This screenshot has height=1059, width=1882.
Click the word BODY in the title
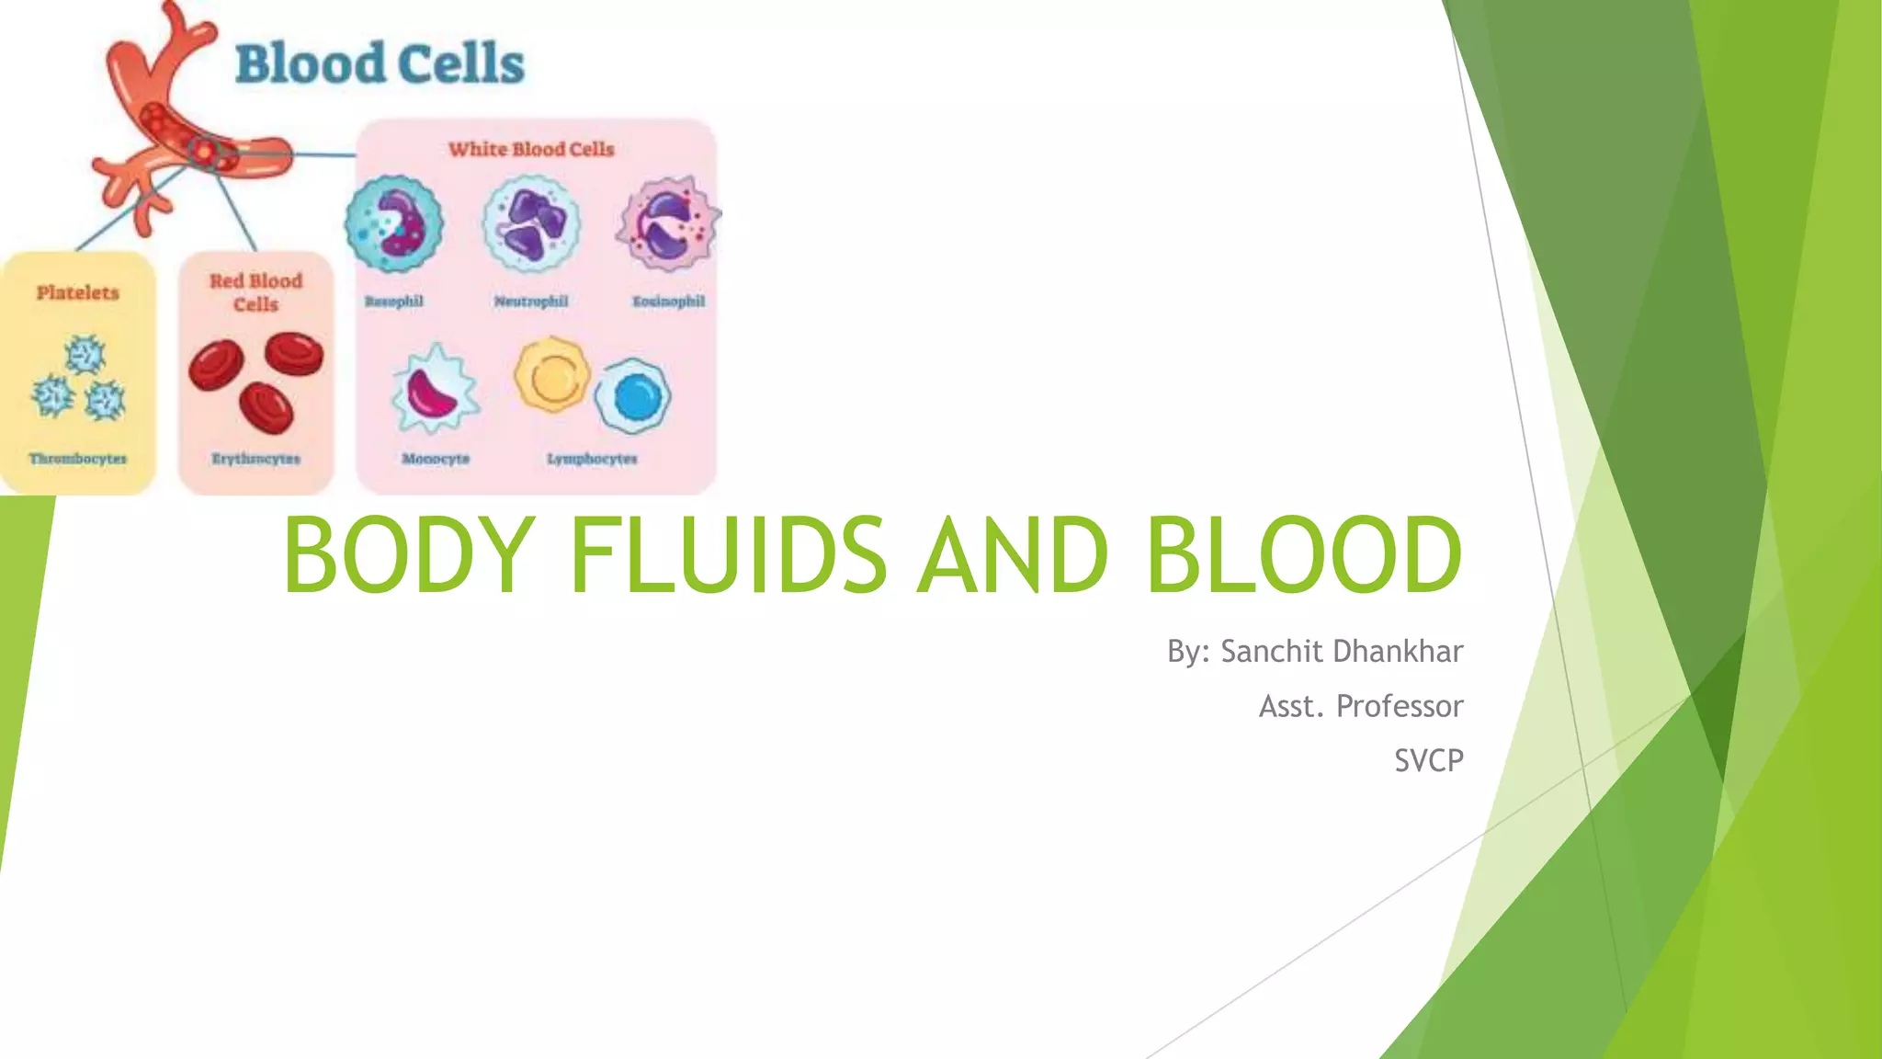pos(409,554)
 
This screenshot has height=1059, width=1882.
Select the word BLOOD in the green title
pos(1303,554)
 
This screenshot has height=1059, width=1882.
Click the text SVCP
pos(1428,760)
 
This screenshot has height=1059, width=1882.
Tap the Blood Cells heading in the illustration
pos(380,64)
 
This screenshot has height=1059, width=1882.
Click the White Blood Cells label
pos(531,149)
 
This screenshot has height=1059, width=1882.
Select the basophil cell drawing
pos(394,223)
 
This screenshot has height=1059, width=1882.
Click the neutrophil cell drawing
pos(531,223)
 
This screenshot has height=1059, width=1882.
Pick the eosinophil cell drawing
pos(668,223)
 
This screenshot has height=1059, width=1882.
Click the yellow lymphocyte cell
pos(551,375)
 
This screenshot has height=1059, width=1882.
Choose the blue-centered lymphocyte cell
pos(634,396)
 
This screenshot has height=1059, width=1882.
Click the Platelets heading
pos(78,292)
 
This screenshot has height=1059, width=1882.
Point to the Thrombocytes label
pos(78,458)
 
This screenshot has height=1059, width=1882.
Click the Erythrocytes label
pos(255,458)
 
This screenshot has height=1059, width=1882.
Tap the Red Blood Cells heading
pos(255,292)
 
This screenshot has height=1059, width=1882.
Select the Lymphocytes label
pos(592,458)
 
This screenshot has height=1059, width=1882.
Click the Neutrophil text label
pos(531,301)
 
